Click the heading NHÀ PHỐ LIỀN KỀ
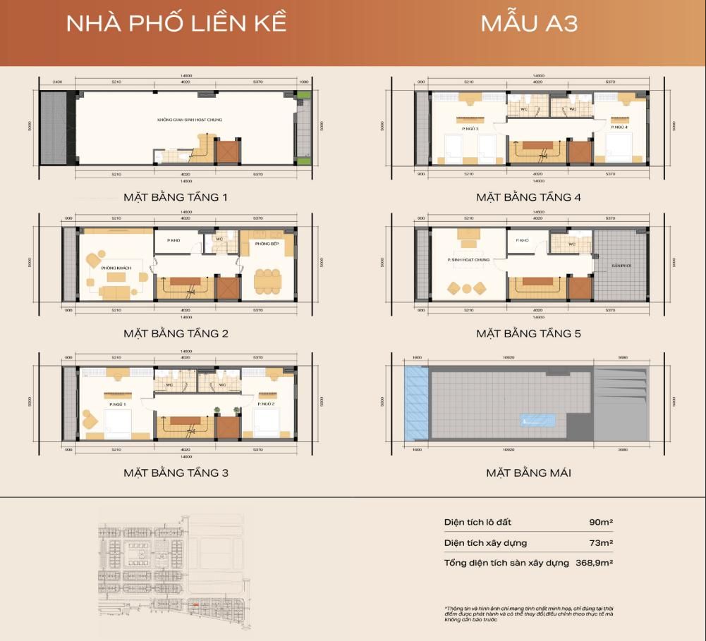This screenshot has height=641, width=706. click(176, 23)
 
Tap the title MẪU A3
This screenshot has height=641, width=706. click(529, 23)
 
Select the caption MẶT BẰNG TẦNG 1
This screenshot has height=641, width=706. click(176, 197)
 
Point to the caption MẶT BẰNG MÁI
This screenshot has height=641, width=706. click(528, 473)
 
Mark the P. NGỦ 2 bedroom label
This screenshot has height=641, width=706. click(267, 404)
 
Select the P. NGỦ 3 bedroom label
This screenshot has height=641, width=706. click(470, 128)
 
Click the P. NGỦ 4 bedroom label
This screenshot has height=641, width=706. click(620, 128)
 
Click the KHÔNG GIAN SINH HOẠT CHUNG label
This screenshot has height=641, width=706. click(190, 120)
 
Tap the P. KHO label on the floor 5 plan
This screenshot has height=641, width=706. click(522, 241)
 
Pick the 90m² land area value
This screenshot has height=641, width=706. click(601, 522)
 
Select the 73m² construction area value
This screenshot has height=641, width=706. click(601, 542)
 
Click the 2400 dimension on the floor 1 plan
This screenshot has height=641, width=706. click(58, 82)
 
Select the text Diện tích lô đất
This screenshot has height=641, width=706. click(477, 522)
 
